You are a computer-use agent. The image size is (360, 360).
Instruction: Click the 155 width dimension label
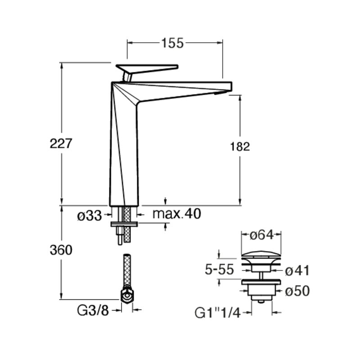(x=172, y=43)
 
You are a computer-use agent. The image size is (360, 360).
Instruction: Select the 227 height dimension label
(x=61, y=144)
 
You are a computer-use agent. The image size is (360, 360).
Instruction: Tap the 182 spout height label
(x=240, y=147)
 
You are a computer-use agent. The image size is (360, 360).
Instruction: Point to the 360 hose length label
(x=61, y=250)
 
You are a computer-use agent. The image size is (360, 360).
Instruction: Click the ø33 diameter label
(x=89, y=216)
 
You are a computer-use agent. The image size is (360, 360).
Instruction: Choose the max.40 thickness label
(x=177, y=214)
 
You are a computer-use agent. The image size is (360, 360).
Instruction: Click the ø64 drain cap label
(x=261, y=235)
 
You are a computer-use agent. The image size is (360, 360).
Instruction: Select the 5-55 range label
(x=219, y=269)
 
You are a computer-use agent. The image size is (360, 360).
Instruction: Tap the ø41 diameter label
(x=297, y=270)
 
